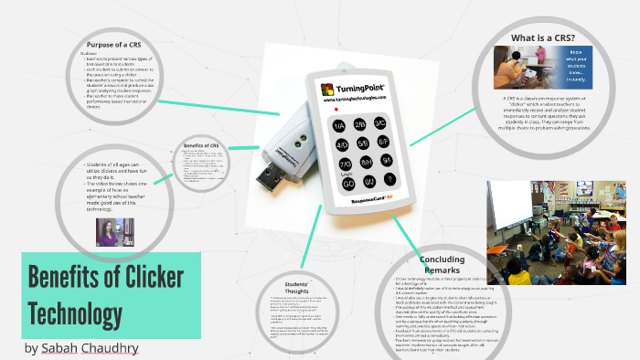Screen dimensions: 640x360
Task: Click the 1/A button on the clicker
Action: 339,126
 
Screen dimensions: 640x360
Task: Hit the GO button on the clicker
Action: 348,183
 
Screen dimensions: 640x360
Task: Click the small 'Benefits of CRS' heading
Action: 200,145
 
